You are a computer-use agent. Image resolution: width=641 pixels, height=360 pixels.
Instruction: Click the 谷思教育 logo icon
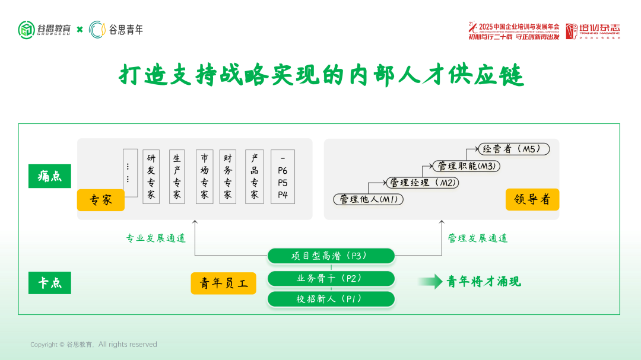(x=27, y=29)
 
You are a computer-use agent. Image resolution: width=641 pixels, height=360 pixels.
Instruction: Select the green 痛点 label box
(x=50, y=176)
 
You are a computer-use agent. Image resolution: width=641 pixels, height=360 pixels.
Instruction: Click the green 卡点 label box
(x=50, y=283)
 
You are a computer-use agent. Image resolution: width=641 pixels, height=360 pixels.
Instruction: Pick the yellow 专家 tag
(x=101, y=200)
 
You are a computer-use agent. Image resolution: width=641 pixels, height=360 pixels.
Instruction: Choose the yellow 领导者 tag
(x=532, y=199)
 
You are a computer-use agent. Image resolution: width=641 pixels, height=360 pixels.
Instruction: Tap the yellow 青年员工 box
(x=223, y=283)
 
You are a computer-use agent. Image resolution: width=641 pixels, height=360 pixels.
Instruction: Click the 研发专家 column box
(x=151, y=177)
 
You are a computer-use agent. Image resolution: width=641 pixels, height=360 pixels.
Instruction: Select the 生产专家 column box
(x=177, y=177)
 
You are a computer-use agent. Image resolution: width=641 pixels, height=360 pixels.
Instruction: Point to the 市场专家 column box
(x=204, y=177)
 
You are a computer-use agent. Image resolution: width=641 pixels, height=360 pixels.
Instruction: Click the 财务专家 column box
(x=228, y=177)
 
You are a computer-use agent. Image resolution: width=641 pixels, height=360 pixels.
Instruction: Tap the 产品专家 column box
(x=254, y=177)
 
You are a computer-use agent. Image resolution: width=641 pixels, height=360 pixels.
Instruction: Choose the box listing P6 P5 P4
(x=283, y=177)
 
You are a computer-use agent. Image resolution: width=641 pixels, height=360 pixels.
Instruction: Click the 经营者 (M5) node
(x=512, y=149)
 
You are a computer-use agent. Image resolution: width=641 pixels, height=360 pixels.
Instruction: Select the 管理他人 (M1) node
(x=368, y=199)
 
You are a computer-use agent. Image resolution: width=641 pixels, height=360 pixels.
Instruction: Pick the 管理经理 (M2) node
(x=422, y=183)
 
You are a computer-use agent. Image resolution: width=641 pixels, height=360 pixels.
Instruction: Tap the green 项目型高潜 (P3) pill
(x=331, y=256)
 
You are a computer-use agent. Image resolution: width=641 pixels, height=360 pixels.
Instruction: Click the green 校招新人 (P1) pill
(x=331, y=299)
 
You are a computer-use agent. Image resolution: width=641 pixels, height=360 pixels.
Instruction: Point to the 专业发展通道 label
(x=156, y=238)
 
